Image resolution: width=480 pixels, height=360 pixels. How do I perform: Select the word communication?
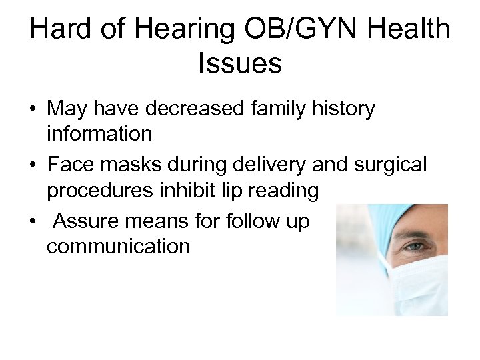point(119,246)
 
